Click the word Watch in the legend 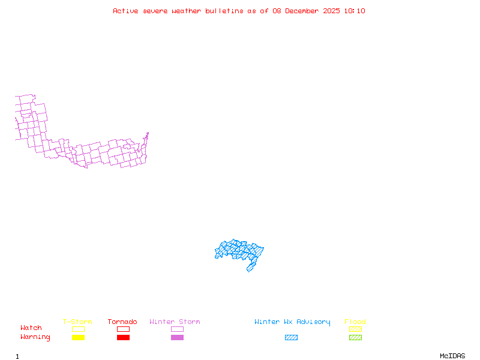pos(31,328)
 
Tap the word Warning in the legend pos(35,337)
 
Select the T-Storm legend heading pos(77,322)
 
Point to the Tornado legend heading pos(122,322)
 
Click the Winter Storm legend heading pos(175,322)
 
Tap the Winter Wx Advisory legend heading pos(292,322)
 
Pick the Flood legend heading pos(355,322)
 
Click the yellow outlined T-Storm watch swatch pos(78,329)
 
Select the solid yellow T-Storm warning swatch pos(78,338)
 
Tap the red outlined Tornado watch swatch pos(123,329)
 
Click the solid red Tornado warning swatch pos(123,338)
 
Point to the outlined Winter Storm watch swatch pos(177,329)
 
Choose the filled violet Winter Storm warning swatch pos(177,338)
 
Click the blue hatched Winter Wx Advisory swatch pos(291,338)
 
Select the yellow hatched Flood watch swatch pos(355,329)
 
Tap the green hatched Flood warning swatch pos(355,338)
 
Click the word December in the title pos(304,11)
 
